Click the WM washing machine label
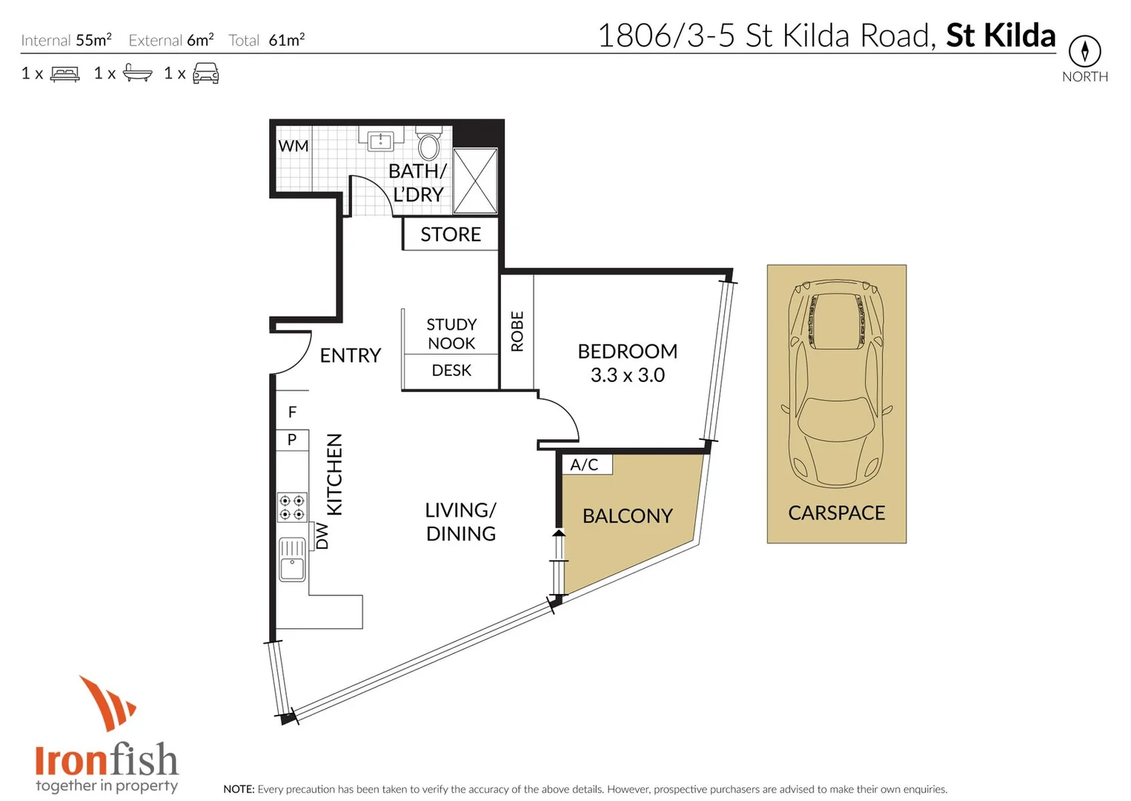293,146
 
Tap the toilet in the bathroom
428,143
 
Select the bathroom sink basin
380,140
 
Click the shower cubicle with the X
475,182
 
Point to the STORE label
451,234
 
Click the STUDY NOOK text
451,334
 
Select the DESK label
451,370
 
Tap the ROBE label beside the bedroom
517,331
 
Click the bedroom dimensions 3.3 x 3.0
627,375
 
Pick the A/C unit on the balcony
585,464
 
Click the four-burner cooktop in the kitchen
292,508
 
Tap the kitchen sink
292,559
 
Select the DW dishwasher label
322,535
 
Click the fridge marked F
292,412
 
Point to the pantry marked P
292,440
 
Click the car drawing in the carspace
836,383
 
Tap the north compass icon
1084,51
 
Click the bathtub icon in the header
138,73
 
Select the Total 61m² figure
267,40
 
